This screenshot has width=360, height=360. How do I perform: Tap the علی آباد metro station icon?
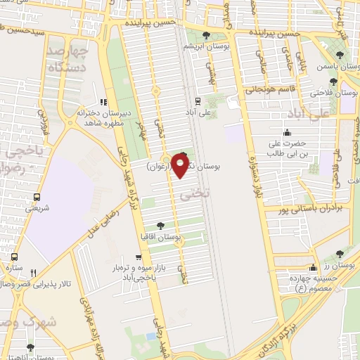point(198,101)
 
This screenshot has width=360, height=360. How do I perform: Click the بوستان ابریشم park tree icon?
point(206,35)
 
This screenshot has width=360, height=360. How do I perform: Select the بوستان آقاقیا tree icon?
point(162,226)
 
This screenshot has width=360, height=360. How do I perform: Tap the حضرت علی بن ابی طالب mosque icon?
point(287,134)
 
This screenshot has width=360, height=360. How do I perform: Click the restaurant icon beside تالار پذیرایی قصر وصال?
point(33,273)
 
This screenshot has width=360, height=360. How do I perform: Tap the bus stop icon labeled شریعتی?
point(36,198)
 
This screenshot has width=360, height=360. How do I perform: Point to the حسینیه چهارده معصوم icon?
point(313,267)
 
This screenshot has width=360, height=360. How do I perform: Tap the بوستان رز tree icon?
point(340,253)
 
